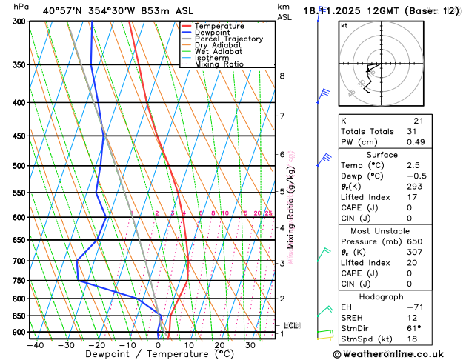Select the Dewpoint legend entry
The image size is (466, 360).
tap(216, 33)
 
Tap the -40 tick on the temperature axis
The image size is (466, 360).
tap(35, 345)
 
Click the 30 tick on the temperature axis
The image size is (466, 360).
tap(250, 345)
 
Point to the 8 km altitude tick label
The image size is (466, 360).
tap(282, 76)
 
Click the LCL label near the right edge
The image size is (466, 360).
tap(291, 325)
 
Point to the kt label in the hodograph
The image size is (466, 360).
tap(344, 25)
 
